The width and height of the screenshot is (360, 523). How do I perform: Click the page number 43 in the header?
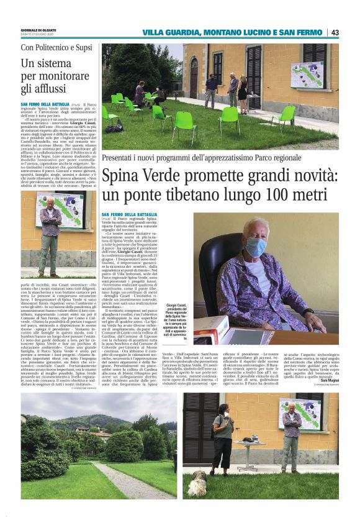click(335, 32)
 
